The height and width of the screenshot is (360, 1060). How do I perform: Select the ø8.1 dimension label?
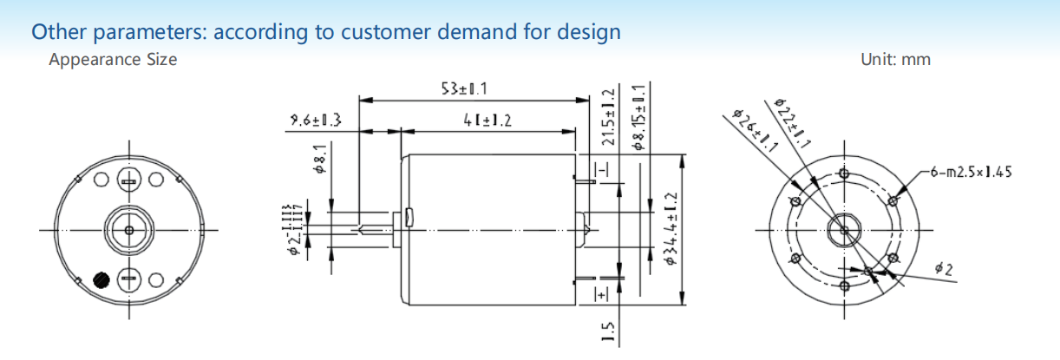coord(320,160)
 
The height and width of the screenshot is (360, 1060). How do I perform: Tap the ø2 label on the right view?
coord(944,270)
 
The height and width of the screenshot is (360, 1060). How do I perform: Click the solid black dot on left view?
coord(101,280)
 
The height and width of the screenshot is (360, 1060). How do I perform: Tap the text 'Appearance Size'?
coord(113,60)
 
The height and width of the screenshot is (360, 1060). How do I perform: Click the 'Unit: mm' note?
coord(895,60)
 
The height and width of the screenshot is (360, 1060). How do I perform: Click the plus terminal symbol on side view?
coord(600,294)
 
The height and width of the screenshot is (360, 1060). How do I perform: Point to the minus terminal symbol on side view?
coord(600,167)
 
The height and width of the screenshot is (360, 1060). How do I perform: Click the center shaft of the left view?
coord(129,230)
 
